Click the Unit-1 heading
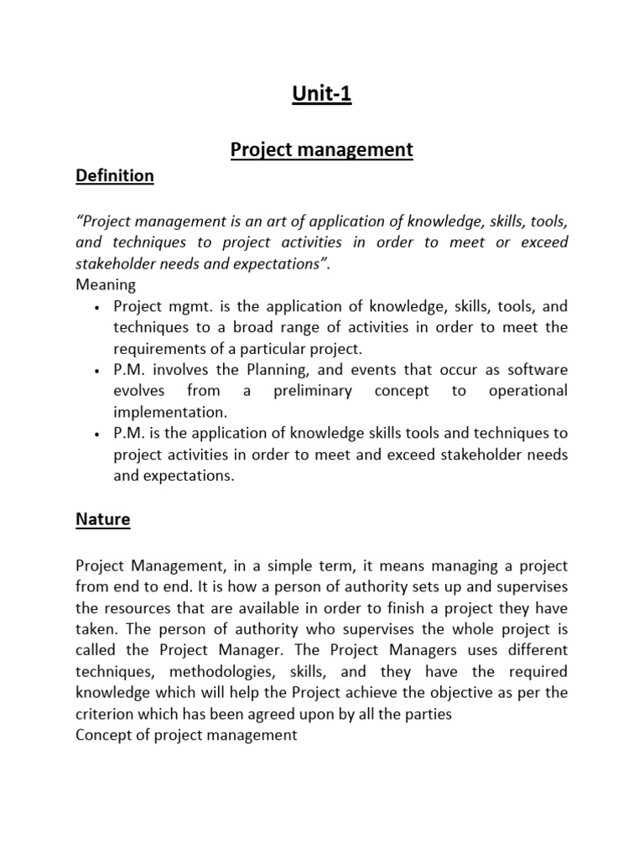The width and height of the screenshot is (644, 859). point(322,95)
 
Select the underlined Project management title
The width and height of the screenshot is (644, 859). point(322,150)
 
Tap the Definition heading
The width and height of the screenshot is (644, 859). point(115,175)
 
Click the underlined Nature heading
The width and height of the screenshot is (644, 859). point(103,519)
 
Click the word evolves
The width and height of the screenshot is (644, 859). point(138,391)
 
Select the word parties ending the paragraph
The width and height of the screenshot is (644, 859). point(426,714)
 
